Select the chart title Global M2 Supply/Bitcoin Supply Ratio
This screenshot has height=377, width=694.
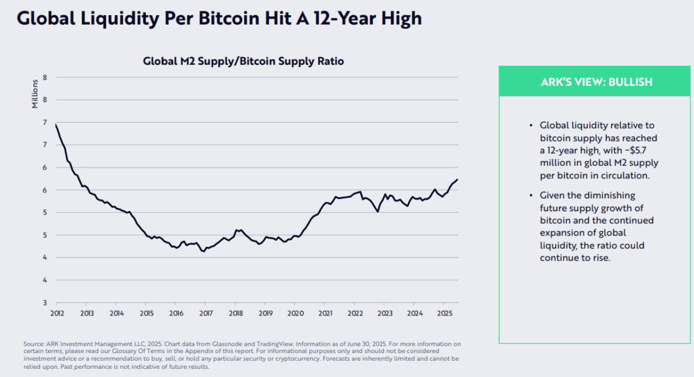pyautogui.click(x=243, y=62)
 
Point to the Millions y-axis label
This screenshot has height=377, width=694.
pyautogui.click(x=35, y=94)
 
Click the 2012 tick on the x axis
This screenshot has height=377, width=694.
pyautogui.click(x=57, y=312)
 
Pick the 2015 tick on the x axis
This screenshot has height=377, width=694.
pyautogui.click(x=146, y=312)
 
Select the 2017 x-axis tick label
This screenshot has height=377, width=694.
pyautogui.click(x=206, y=312)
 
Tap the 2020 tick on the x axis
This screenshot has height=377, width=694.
pyautogui.click(x=295, y=312)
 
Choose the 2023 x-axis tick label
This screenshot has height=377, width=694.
pyautogui.click(x=384, y=312)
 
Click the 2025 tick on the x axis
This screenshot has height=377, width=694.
pyautogui.click(x=444, y=312)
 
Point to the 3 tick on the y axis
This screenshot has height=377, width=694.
pyautogui.click(x=45, y=303)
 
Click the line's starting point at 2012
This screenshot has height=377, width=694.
pyautogui.click(x=57, y=124)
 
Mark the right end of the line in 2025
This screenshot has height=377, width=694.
pyautogui.click(x=458, y=180)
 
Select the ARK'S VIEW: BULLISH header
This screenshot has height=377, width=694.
pyautogui.click(x=596, y=82)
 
